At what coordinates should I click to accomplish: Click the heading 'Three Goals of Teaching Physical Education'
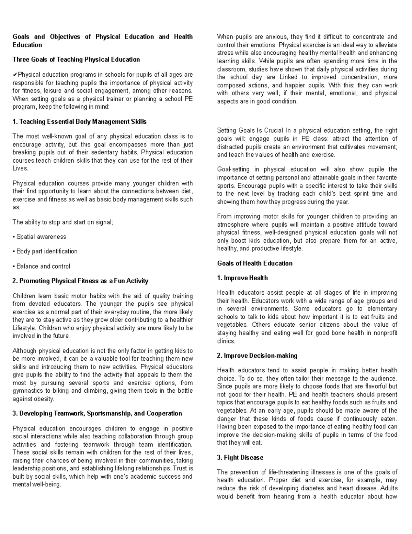coord(76,59)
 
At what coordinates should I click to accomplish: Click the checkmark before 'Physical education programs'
coord(15,75)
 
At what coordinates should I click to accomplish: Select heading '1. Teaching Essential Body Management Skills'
coord(79,122)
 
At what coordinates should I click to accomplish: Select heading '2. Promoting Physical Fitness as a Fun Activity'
coord(80,281)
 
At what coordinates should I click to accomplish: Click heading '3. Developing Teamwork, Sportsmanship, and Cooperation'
coord(97,413)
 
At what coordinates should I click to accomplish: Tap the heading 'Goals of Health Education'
coord(255,263)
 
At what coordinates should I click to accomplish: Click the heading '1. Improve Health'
coord(242,278)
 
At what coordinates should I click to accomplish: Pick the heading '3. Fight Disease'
coord(240,458)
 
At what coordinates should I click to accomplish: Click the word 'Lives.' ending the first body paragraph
coord(20,168)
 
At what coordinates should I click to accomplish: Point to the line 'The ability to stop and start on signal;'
coord(63,222)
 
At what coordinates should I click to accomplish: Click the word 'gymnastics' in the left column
coord(27,391)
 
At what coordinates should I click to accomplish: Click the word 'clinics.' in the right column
coord(226,341)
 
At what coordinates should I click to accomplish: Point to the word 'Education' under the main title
coord(27,45)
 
